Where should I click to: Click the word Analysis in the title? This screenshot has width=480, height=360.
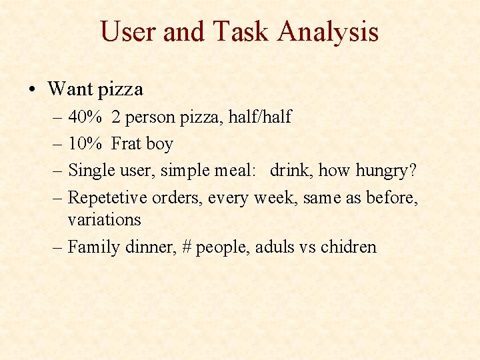coord(328,31)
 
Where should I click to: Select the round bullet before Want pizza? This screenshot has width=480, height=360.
coord(33,89)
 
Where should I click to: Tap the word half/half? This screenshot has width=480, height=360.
coord(259,117)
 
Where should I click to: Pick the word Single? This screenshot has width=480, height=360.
coord(91,171)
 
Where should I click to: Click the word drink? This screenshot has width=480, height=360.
coord(291,171)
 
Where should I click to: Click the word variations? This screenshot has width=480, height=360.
coord(105,219)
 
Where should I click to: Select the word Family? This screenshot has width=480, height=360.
coord(92,247)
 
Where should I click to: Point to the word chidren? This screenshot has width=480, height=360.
coord(348,247)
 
